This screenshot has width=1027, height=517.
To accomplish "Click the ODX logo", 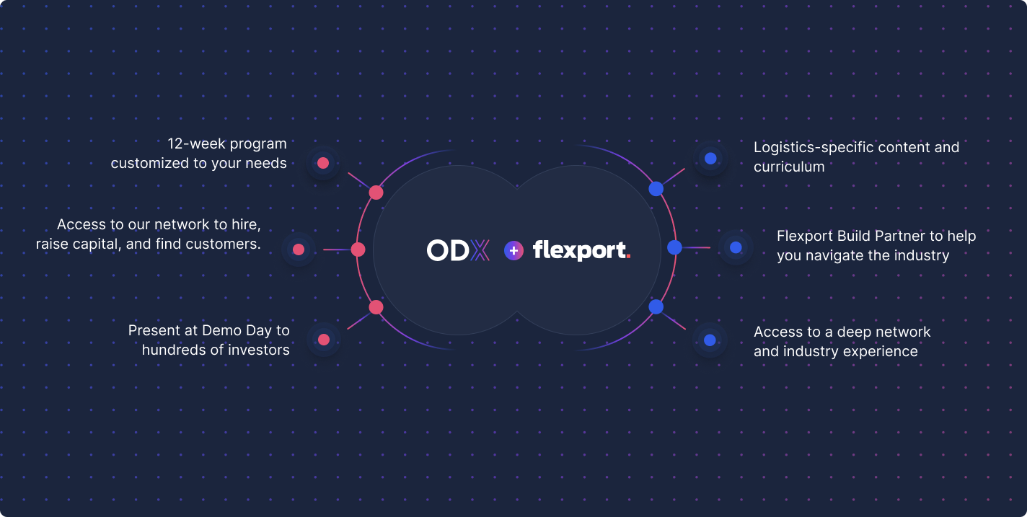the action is click(x=458, y=250).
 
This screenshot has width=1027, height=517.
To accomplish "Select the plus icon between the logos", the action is click(x=513, y=251).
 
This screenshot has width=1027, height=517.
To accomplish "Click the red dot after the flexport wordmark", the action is click(x=628, y=256).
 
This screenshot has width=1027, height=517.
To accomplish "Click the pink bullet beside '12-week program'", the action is click(x=323, y=163).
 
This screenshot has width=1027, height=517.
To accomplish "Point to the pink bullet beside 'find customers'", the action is click(x=299, y=249).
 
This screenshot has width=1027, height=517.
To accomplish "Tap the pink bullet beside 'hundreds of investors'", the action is click(x=324, y=340).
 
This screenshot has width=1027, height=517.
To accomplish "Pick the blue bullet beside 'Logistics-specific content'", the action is click(x=710, y=158).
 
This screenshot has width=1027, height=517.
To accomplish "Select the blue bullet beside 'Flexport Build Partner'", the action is click(x=736, y=247).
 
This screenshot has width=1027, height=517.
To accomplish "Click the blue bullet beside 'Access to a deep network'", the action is click(x=710, y=340).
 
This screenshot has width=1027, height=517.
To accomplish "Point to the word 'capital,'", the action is click(x=97, y=244).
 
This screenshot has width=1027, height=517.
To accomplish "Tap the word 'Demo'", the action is click(x=222, y=330).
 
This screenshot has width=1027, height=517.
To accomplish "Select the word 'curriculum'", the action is click(x=789, y=167).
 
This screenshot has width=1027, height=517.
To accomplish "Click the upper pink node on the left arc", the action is click(x=376, y=193).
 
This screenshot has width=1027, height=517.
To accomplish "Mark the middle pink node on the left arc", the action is click(x=358, y=249).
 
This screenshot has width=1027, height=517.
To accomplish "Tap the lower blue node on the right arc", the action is click(x=656, y=306).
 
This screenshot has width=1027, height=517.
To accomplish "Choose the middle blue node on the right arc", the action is click(x=674, y=247).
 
